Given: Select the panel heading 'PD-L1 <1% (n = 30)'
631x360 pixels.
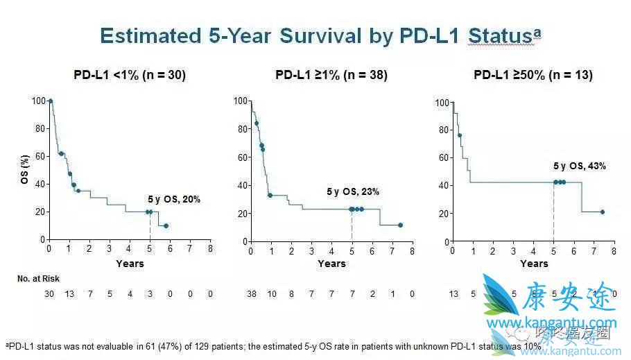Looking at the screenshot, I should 130,75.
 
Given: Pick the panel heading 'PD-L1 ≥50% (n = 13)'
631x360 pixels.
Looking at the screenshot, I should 533,75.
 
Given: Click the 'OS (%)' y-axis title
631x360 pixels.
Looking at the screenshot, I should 23,171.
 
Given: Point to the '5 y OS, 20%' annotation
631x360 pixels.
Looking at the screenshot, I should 174,199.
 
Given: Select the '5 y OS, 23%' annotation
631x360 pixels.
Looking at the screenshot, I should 353,191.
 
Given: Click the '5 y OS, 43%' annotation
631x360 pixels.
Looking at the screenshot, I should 579,166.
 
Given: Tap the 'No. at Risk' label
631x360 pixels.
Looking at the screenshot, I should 38,278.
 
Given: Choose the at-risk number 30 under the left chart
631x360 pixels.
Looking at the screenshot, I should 49,294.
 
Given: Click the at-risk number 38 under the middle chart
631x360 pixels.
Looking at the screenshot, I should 252,294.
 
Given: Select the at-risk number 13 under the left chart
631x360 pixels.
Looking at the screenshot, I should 70,294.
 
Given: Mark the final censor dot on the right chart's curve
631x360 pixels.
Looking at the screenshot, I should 602,212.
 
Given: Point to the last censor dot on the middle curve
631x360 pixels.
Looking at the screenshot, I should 400,225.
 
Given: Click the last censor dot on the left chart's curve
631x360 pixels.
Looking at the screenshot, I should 166,225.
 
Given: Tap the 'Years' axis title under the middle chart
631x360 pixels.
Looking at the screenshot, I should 331,264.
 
